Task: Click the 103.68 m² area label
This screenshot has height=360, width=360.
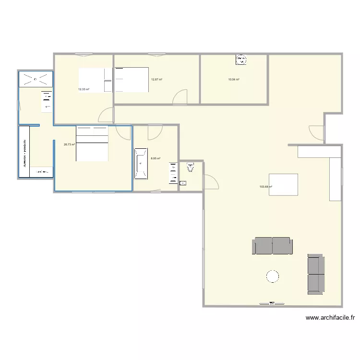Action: [x=265, y=187]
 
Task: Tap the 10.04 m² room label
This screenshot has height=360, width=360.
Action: [x=234, y=80]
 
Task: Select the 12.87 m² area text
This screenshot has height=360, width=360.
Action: [x=156, y=80]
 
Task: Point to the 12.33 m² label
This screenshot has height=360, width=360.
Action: [x=84, y=89]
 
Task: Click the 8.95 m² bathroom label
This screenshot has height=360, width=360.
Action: [x=156, y=158]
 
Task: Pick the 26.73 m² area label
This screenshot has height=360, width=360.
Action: [x=69, y=144]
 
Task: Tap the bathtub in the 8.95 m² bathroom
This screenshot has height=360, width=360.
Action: [x=141, y=164]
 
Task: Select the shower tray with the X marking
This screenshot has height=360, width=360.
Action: [x=35, y=79]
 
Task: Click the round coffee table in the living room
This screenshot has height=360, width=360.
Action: [x=272, y=276]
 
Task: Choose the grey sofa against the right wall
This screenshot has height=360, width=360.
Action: [x=316, y=274]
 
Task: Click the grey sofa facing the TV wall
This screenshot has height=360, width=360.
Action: [x=272, y=245]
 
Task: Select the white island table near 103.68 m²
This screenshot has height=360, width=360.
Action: [x=283, y=184]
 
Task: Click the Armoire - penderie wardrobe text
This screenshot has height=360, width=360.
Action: [x=24, y=153]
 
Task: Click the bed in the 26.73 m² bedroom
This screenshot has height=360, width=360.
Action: [x=92, y=144]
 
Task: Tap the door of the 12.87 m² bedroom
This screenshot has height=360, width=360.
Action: [x=180, y=97]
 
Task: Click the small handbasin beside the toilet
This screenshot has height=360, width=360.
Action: [x=183, y=183]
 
